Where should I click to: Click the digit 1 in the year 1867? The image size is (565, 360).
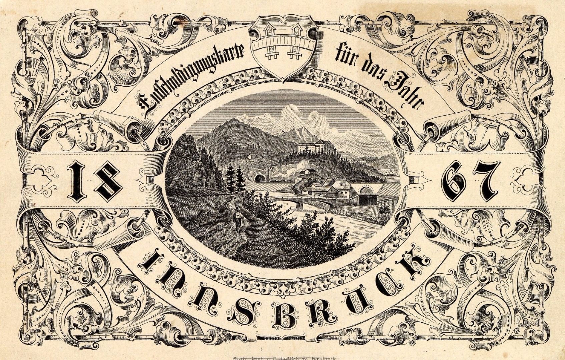tap(78, 181)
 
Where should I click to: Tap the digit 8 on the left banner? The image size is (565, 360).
tap(107, 181)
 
